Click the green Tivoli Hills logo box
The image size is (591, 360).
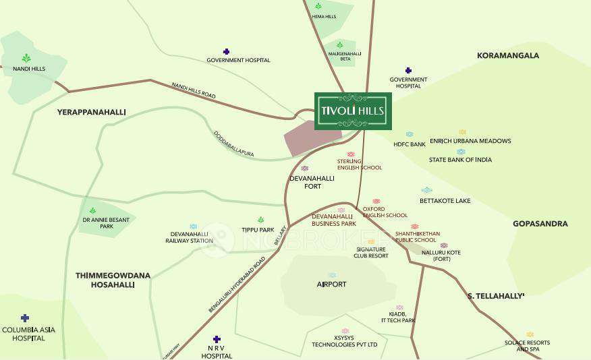353,111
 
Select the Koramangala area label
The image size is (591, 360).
507,55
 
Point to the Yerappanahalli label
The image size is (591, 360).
92,112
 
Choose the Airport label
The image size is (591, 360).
331,284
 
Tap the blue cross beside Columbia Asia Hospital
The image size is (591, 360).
25,318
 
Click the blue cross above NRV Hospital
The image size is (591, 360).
217,339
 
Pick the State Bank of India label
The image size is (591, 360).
460,160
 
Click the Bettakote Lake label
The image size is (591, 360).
445,201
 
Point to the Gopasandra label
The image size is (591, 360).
540,224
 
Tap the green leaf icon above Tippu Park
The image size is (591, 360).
260,220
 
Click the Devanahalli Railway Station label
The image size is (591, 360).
193,237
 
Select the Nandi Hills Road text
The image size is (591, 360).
194,91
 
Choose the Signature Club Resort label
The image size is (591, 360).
372,252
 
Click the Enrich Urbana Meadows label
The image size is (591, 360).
470,141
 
